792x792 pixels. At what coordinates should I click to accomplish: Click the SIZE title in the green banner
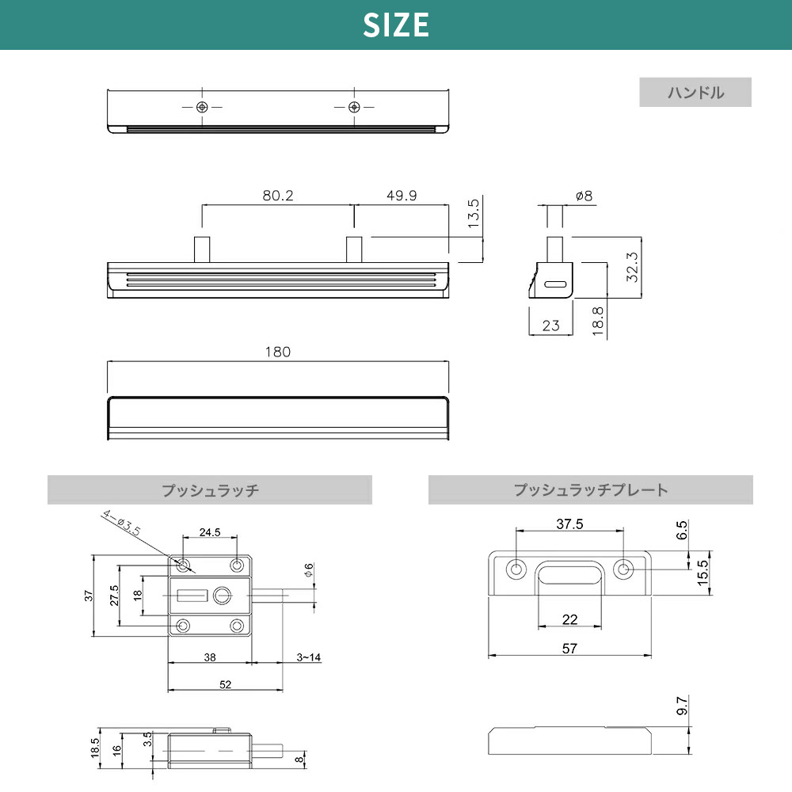coord(396,25)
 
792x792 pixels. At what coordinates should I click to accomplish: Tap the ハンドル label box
coord(695,93)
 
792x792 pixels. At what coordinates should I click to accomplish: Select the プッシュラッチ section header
coord(210,490)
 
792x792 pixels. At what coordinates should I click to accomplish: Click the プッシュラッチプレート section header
coord(590,490)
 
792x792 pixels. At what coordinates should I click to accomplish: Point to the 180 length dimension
coord(279,352)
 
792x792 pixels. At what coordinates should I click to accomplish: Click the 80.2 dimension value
coord(277,195)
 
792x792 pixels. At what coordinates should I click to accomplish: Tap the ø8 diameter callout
coord(584,195)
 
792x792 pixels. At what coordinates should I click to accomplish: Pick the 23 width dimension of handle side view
coord(551,325)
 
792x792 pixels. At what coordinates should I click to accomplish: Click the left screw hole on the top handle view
coord(203,107)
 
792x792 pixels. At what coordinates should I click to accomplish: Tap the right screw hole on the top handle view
coord(354,107)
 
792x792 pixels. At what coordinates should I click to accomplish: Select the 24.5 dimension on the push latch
coord(210,532)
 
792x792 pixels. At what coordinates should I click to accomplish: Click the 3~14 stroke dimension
coord(308,657)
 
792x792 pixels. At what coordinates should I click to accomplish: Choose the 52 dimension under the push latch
coord(226,685)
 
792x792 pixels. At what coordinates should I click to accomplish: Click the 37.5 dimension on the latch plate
coord(569,524)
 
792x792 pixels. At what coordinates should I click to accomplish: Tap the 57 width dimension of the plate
coord(569,648)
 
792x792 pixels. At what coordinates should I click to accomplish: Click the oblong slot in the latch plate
coord(569,574)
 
